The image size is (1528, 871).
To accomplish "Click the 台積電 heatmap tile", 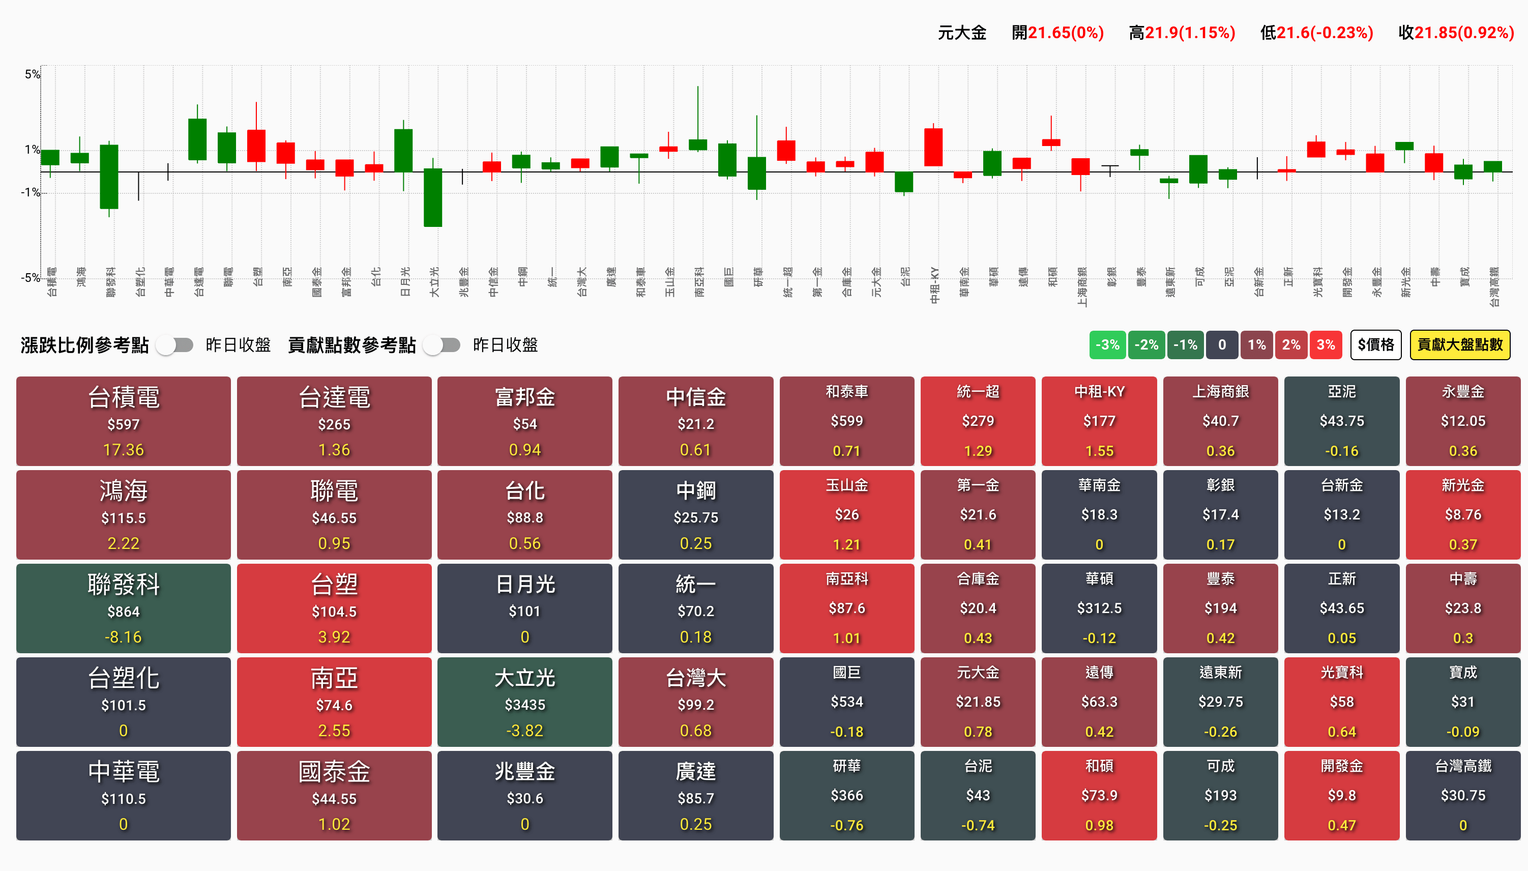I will pyautogui.click(x=123, y=421).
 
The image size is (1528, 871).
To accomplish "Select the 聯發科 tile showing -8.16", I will pyautogui.click(x=123, y=608).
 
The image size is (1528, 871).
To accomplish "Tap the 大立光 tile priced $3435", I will pyautogui.click(x=524, y=702).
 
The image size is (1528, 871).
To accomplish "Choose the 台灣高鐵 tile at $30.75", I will pyautogui.click(x=1462, y=795).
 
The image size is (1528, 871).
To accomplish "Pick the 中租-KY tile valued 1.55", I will pyautogui.click(x=1099, y=421).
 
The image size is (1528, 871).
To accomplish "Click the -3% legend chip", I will pyautogui.click(x=1107, y=345).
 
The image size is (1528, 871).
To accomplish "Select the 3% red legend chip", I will pyautogui.click(x=1325, y=345).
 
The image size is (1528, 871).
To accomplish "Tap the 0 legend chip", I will pyautogui.click(x=1222, y=345).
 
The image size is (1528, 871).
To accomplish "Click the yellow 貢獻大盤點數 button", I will pyautogui.click(x=1459, y=345).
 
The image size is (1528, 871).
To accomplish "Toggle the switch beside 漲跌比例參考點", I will pyautogui.click(x=175, y=345).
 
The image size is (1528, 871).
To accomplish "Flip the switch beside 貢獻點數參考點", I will pyautogui.click(x=442, y=345).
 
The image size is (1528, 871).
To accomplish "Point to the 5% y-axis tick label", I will pyautogui.click(x=32, y=74).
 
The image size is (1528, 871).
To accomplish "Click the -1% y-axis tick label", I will pyautogui.click(x=30, y=193).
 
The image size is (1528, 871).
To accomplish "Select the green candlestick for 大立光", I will pyautogui.click(x=433, y=197).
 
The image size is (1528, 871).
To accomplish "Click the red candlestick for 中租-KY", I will pyautogui.click(x=933, y=147).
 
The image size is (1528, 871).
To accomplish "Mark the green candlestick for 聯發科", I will pyautogui.click(x=109, y=177).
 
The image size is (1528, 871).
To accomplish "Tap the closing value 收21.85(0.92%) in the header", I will pyautogui.click(x=1456, y=33).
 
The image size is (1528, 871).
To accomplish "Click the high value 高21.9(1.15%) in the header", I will pyautogui.click(x=1182, y=33).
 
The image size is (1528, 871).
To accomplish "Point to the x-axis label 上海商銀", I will pyautogui.click(x=1082, y=286).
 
